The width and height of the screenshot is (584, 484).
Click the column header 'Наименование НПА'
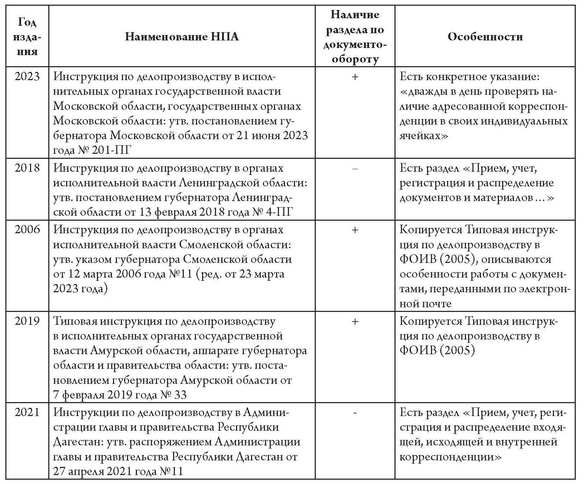(182, 37)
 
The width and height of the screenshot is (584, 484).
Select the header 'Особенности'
(485, 37)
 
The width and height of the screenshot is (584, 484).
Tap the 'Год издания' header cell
(27, 37)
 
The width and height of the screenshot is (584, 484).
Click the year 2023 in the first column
(27, 77)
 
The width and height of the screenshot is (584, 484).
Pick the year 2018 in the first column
(27, 168)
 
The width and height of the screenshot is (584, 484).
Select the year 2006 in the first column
(27, 229)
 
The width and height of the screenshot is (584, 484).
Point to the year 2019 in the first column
(27, 321)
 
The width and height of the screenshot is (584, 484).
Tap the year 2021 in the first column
(27, 412)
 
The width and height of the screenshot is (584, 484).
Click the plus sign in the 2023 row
(355, 77)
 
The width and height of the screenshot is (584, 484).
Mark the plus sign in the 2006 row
(355, 230)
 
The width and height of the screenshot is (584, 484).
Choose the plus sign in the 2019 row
(355, 321)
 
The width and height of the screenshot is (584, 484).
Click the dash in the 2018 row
(355, 168)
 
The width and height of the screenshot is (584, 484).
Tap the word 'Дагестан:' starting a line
(78, 442)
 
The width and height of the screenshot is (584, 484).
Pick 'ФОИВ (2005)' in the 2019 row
(437, 351)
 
